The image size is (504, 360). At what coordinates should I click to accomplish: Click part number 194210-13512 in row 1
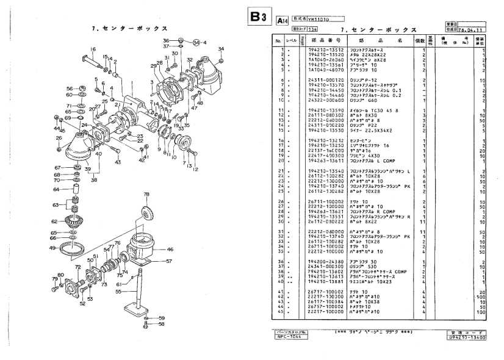click(325, 49)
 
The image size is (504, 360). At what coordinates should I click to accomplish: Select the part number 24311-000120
click(325, 80)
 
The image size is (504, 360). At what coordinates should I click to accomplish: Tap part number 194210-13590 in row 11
click(325, 111)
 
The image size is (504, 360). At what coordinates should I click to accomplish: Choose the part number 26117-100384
click(325, 301)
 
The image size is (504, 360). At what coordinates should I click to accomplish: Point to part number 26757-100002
click(325, 306)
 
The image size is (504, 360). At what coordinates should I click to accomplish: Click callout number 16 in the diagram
click(93, 49)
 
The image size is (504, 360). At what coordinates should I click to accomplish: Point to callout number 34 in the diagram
click(221, 49)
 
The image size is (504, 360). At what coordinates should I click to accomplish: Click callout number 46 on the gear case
click(170, 250)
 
